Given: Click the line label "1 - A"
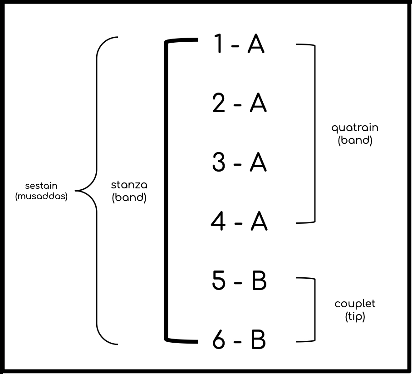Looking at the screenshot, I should [x=239, y=45].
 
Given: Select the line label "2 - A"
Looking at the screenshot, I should [x=239, y=104].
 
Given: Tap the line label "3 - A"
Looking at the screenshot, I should [x=239, y=163].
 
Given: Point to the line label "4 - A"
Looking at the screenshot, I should [x=239, y=222].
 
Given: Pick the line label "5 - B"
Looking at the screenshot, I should [x=239, y=281].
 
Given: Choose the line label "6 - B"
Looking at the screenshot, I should [x=239, y=340].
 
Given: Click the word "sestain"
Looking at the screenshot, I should [x=41, y=186].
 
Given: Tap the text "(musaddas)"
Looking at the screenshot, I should [x=41, y=197].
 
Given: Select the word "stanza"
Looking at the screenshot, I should [x=129, y=186].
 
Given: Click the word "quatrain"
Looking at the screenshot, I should [x=355, y=128].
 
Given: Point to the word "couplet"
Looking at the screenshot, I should [x=355, y=304].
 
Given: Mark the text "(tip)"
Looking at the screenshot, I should [x=355, y=316].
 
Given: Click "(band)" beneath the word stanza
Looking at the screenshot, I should [x=129, y=198].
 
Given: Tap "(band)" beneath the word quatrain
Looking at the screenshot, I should [x=355, y=140].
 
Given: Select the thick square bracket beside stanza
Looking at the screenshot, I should [x=167, y=191].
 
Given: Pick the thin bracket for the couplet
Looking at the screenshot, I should [x=314, y=310].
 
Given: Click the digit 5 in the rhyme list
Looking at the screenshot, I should [x=219, y=281].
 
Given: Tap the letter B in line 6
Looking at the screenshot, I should [x=258, y=340].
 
